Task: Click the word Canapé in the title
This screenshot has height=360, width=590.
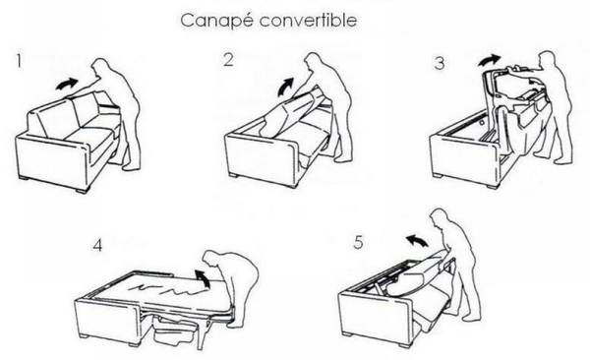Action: click(x=218, y=21)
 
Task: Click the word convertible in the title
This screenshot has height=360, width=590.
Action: click(x=308, y=20)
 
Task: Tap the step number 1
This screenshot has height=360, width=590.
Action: click(x=19, y=61)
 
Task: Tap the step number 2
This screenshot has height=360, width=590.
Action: click(x=228, y=60)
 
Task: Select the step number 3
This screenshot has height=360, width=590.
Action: click(x=440, y=63)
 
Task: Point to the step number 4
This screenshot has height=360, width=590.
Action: click(x=97, y=246)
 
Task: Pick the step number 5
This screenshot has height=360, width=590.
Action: click(x=358, y=242)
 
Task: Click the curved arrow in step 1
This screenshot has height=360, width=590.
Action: click(x=67, y=84)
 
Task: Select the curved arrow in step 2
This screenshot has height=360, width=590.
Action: click(x=285, y=87)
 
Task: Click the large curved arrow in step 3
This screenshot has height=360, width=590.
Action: click(x=489, y=60)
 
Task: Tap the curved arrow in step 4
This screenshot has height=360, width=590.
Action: click(x=204, y=278)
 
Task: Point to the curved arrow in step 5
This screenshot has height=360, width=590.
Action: click(x=417, y=240)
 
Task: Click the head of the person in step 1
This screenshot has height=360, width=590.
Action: click(x=100, y=68)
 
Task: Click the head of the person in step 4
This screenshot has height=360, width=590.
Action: click(x=211, y=260)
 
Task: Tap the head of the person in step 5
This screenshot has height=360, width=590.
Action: click(x=440, y=218)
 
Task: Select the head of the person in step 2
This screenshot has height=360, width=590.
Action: click(x=313, y=61)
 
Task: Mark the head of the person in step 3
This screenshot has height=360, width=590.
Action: click(x=548, y=60)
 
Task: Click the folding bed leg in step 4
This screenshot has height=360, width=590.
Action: click(x=202, y=333)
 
